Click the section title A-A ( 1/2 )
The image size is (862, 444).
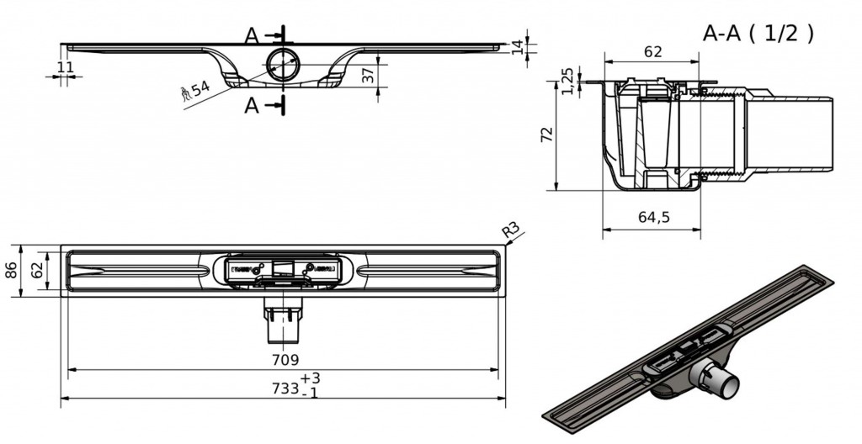pos(758,33)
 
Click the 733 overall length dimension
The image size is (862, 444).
pos(285,388)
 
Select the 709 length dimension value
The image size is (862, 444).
pos(285,360)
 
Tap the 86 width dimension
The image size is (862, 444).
pos(10,271)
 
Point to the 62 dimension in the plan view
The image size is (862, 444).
pos(36,271)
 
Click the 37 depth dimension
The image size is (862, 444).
pos(368,75)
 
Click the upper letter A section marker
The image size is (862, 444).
pos(251,35)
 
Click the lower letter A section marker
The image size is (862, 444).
pos(251,105)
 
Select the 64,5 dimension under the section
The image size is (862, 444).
pos(652,217)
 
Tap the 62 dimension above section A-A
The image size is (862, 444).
pos(652,52)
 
